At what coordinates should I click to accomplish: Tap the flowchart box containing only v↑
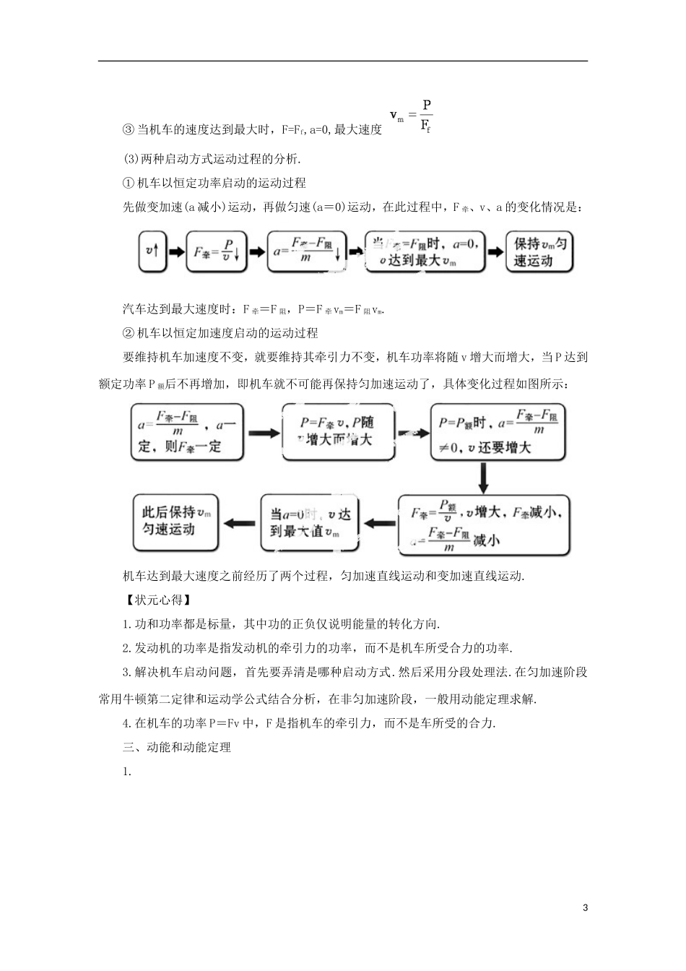tap(152, 251)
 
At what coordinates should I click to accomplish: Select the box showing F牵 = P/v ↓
tap(217, 251)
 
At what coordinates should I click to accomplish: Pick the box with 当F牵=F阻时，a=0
tap(425, 251)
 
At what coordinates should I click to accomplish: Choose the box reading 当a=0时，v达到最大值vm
tap(310, 523)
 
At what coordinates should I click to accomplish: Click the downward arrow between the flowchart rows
tap(484, 477)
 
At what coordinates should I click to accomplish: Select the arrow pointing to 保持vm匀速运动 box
tap(495, 251)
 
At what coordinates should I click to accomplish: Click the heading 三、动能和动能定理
tap(177, 747)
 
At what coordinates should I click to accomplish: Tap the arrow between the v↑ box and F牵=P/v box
tap(175, 251)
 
